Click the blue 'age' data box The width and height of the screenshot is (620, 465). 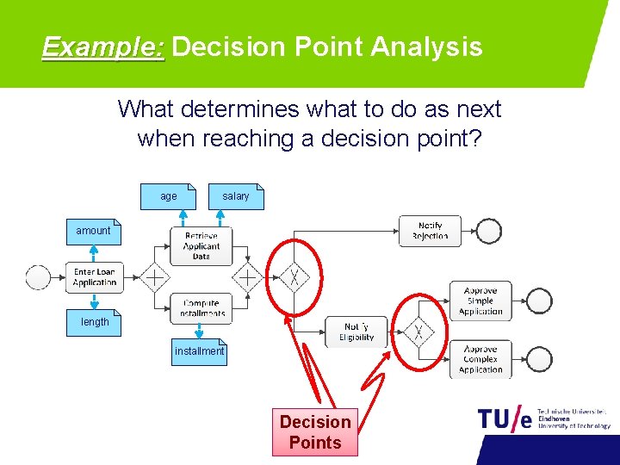tap(168, 196)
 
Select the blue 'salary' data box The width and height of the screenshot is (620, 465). tap(236, 196)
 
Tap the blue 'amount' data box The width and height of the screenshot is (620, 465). tap(94, 231)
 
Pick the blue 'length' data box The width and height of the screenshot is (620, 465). tap(95, 322)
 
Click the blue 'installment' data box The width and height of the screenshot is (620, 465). tap(199, 351)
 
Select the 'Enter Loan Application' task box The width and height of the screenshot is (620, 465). tap(95, 277)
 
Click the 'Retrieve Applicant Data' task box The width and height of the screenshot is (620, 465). tap(201, 245)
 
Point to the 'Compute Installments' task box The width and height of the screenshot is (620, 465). tap(201, 308)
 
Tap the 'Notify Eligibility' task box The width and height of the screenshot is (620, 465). tap(356, 332)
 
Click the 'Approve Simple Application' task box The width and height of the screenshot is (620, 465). tap(480, 301)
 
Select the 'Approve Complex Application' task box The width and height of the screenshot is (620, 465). tap(480, 359)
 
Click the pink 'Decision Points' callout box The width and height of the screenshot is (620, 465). tap(315, 432)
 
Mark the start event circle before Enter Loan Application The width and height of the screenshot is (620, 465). tap(39, 277)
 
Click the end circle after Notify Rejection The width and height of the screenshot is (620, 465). tap(489, 231)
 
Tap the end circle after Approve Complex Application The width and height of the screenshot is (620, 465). tap(540, 358)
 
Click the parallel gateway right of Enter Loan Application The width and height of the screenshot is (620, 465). tap(155, 277)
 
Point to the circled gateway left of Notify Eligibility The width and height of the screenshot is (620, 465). tap(295, 277)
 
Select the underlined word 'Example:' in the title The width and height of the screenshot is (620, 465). tap(102, 46)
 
